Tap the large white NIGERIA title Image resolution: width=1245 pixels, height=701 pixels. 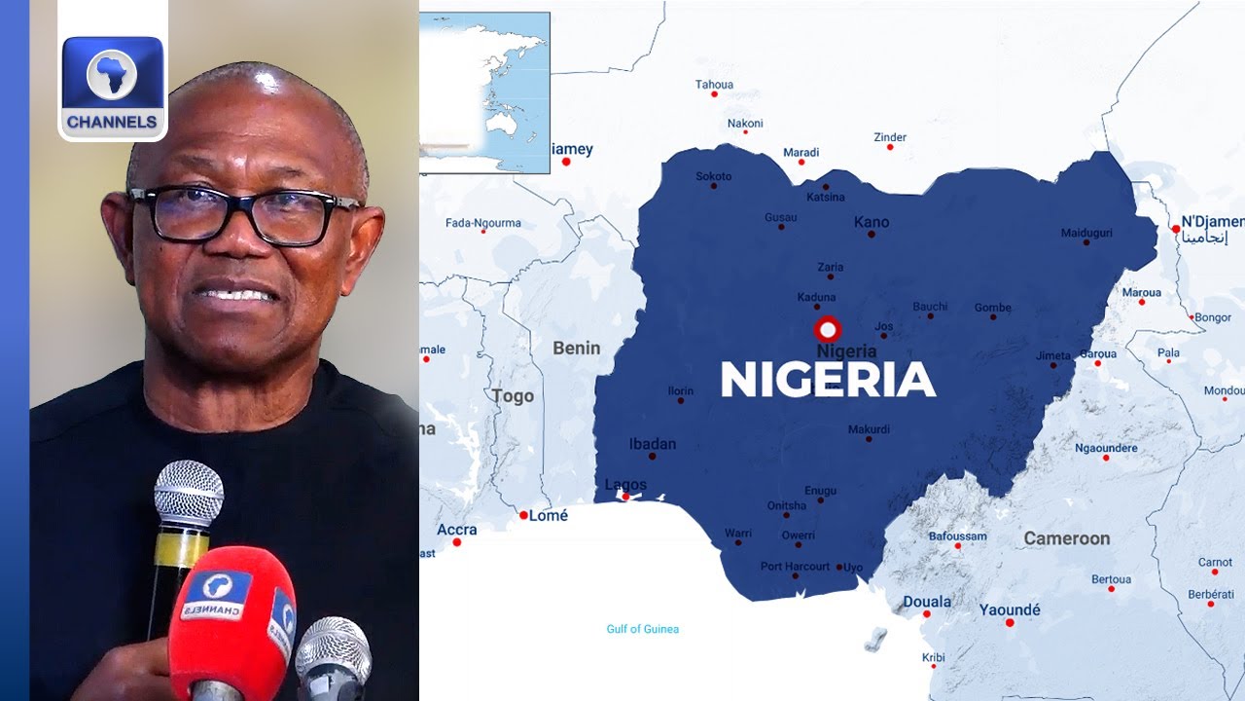click(828, 380)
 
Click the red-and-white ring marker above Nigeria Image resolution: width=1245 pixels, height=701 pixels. click(828, 329)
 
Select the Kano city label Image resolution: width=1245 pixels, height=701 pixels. click(871, 222)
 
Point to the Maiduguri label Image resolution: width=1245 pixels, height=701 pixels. click(1086, 233)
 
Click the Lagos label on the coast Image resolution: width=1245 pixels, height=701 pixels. click(625, 485)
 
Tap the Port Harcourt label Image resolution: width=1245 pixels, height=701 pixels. click(795, 566)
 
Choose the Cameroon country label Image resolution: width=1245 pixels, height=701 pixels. click(1066, 538)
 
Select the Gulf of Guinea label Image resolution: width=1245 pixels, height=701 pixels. click(643, 629)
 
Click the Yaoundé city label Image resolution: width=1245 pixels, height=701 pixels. click(1010, 609)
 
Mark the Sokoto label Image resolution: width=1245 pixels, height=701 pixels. click(713, 176)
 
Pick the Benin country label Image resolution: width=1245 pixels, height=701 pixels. click(577, 348)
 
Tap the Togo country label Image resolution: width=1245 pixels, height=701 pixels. click(513, 396)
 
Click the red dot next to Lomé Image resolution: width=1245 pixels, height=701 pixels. click(523, 515)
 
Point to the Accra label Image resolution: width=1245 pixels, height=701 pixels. click(457, 530)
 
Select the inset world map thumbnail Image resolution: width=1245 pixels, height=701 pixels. click(484, 92)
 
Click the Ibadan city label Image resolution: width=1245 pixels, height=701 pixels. click(652, 444)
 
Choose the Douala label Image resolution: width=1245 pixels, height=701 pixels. click(927, 602)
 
